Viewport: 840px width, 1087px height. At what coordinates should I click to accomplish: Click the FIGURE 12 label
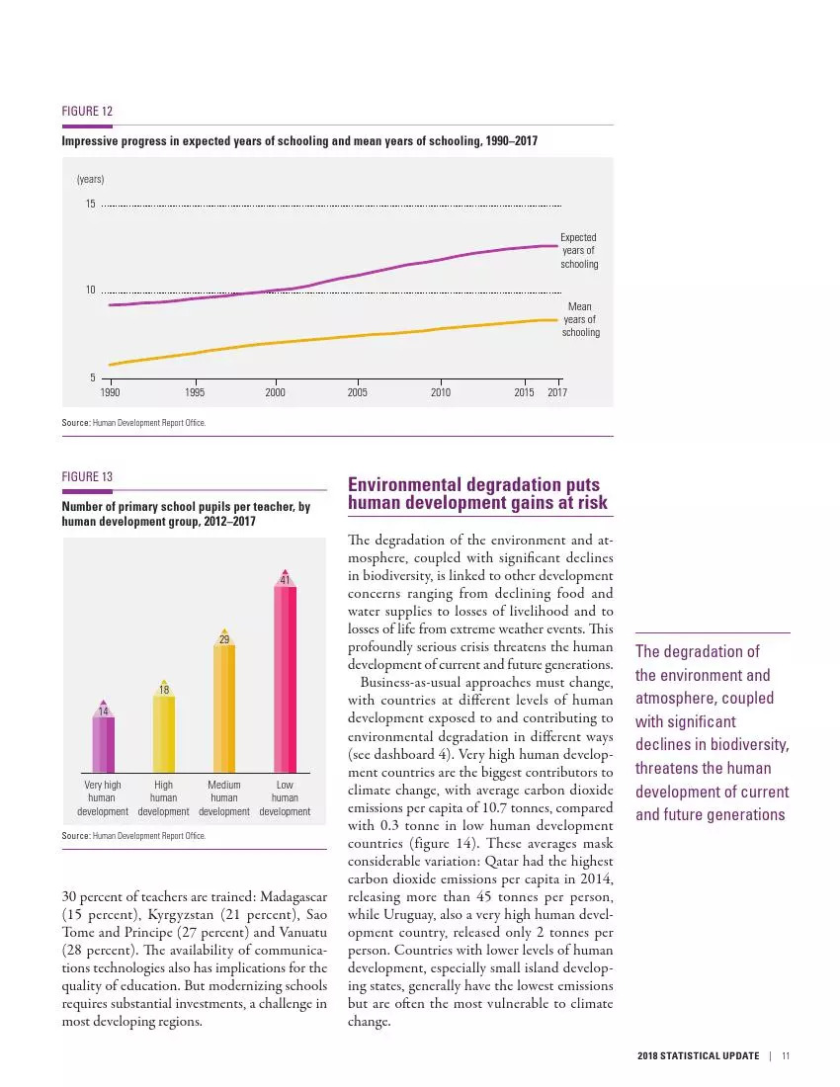[87, 112]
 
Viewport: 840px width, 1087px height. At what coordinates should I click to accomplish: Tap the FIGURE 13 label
[87, 477]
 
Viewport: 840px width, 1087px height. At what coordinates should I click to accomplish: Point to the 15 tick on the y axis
[90, 205]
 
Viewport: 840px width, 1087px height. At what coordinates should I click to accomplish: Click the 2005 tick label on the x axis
[358, 393]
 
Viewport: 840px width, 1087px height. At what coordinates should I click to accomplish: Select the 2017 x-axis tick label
[558, 393]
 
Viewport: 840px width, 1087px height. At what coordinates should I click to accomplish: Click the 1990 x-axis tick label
[110, 393]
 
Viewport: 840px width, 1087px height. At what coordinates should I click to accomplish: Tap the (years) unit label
[90, 179]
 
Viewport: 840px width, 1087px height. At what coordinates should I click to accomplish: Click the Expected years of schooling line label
[579, 251]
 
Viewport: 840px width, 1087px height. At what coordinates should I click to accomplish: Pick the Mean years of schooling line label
[580, 319]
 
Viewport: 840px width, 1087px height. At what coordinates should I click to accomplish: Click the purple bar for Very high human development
[104, 743]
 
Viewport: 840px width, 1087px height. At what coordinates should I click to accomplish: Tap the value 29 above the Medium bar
[224, 640]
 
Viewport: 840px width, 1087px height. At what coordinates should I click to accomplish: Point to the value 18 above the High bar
[164, 688]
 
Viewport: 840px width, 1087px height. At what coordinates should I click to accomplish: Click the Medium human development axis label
[224, 798]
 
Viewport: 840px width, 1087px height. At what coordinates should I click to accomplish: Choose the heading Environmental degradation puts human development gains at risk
[478, 494]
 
